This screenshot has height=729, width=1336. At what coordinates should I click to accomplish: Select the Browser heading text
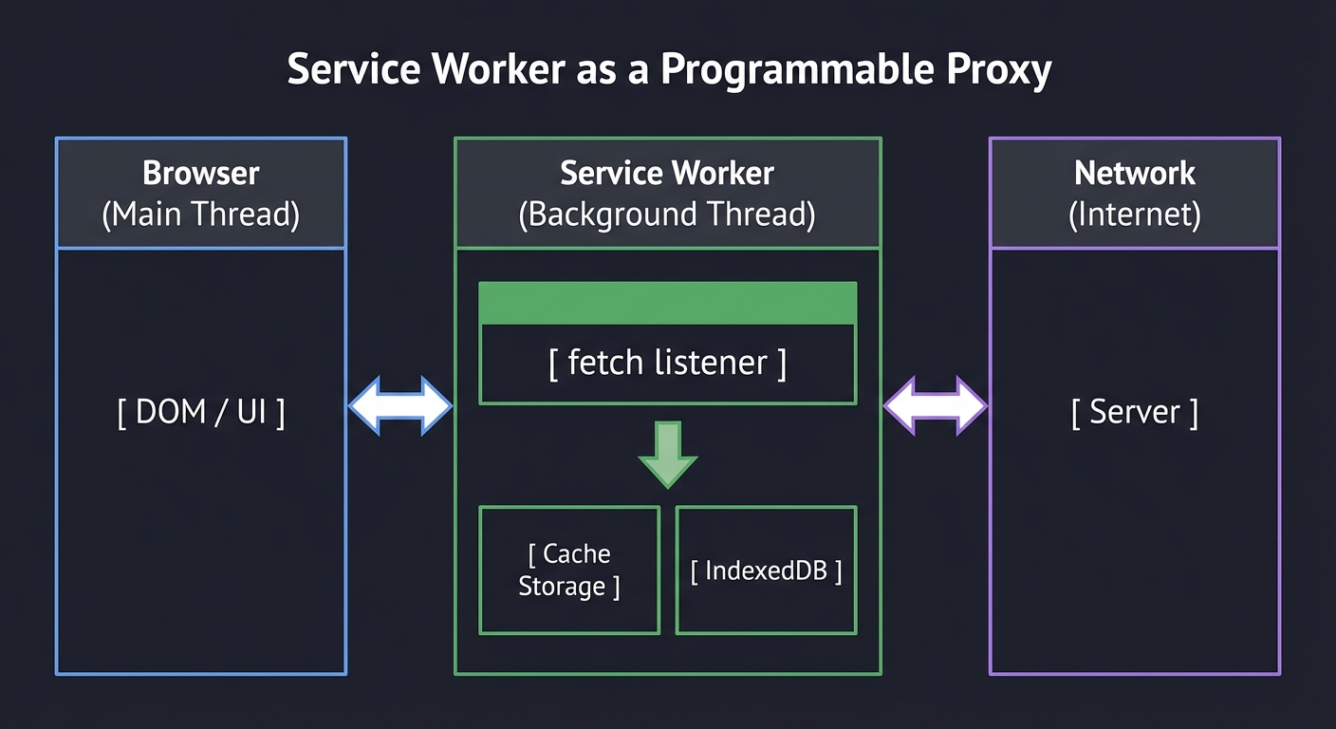[x=200, y=173]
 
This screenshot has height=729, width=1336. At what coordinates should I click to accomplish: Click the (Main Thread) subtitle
[x=200, y=215]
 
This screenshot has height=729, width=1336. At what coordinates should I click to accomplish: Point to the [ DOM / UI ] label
[x=200, y=412]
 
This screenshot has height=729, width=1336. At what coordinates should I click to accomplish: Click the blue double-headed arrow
[x=400, y=406]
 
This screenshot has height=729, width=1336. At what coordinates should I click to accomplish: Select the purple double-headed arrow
[x=936, y=406]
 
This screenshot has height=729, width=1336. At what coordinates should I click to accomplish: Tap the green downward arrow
[x=668, y=456]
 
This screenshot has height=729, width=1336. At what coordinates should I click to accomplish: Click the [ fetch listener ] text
[x=668, y=363]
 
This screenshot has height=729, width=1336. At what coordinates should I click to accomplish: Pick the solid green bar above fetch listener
[x=668, y=303]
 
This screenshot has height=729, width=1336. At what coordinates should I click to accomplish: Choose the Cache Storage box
[x=569, y=570]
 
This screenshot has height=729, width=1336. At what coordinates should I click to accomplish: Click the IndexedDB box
[x=766, y=570]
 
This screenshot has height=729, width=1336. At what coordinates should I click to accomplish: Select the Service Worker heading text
[x=667, y=173]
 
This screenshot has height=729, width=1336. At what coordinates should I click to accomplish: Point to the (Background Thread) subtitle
[x=667, y=215]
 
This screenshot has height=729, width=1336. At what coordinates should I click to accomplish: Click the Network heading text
[x=1135, y=173]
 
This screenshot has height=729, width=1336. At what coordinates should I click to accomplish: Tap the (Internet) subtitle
[x=1135, y=215]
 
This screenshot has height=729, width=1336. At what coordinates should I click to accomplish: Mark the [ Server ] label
[x=1135, y=412]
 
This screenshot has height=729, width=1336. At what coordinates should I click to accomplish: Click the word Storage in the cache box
[x=562, y=587]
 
